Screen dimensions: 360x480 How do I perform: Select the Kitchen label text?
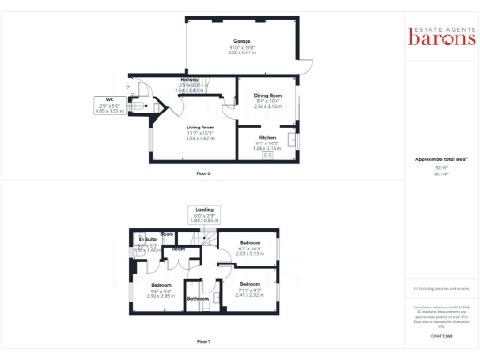point(267,136)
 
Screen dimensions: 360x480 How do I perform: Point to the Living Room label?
point(200,127)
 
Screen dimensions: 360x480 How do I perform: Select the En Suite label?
point(147,240)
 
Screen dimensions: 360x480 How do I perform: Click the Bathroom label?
point(198,299)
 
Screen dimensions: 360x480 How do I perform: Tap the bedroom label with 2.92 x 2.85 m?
point(161,284)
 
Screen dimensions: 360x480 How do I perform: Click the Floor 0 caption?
point(203,174)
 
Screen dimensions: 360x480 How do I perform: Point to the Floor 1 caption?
point(203,342)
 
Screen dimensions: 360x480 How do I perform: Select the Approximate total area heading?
point(441,159)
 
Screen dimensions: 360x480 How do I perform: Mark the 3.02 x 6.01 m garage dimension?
point(243,52)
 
